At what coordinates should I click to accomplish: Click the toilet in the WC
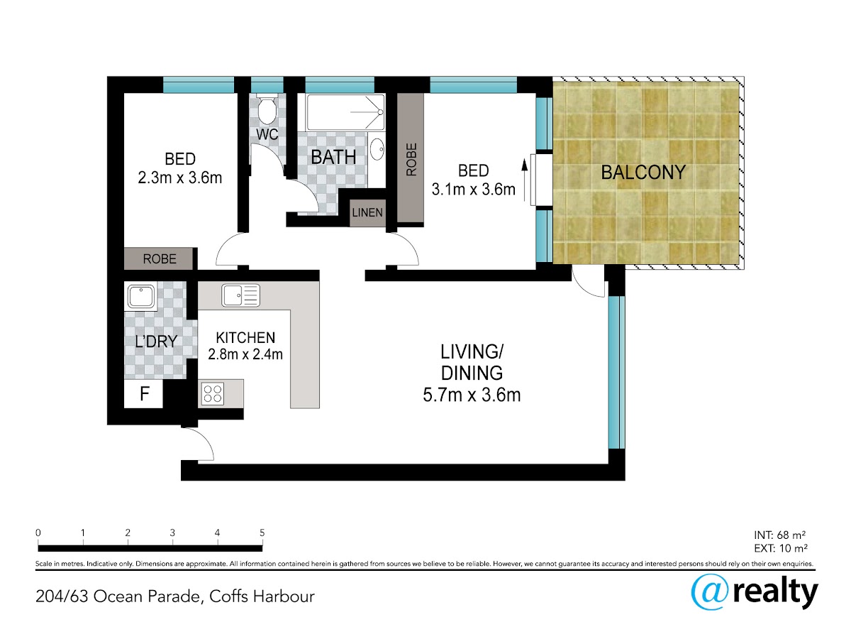tap(267, 109)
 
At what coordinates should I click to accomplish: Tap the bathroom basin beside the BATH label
tap(377, 149)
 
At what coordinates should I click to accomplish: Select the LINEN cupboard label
tap(367, 212)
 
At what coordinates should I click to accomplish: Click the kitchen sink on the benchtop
tap(240, 295)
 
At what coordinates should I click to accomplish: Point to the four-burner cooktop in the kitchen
tap(213, 393)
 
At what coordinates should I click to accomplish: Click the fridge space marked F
tap(144, 394)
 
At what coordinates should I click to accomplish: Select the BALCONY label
tap(643, 173)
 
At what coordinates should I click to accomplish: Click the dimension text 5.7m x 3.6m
tap(472, 395)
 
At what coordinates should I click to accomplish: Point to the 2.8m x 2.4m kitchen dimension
tap(245, 354)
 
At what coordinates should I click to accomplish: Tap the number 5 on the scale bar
tap(262, 532)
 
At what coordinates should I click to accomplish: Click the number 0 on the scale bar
tap(38, 532)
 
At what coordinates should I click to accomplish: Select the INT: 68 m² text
tap(780, 535)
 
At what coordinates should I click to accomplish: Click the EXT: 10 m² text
tap(781, 548)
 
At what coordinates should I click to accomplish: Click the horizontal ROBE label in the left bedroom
tap(160, 258)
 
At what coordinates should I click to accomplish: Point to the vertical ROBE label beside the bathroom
tap(411, 160)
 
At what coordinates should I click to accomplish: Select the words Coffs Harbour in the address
tap(262, 596)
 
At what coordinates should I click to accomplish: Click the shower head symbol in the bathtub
tap(380, 112)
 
